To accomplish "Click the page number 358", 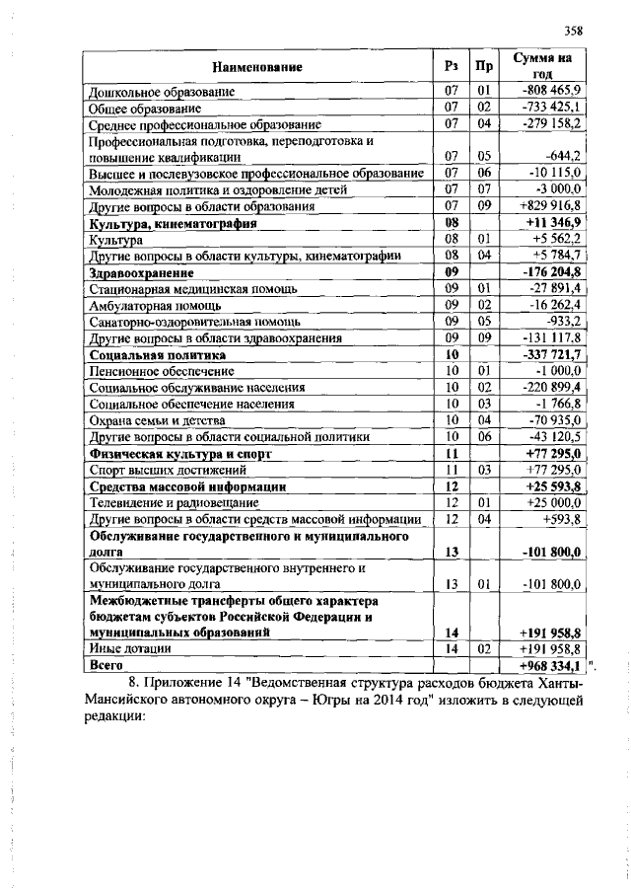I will [x=575, y=30].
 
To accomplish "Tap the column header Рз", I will [x=452, y=67].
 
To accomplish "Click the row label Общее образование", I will [x=145, y=108].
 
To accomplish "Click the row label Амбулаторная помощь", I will [x=149, y=305].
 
